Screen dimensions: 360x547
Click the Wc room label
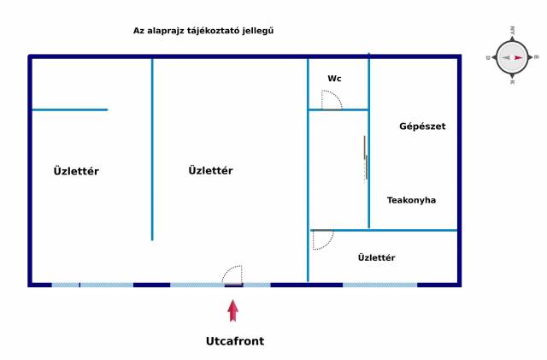click(x=334, y=79)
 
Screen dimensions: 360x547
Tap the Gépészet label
click(x=422, y=127)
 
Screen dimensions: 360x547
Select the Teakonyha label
click(x=411, y=200)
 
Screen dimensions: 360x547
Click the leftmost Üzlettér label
click(x=76, y=171)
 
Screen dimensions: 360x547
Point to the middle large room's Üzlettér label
click(x=210, y=170)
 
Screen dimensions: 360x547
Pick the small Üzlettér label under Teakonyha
click(x=376, y=257)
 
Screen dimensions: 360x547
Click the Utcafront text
click(x=235, y=341)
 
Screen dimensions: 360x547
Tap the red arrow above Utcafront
click(x=233, y=310)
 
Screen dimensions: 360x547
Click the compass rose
click(x=512, y=57)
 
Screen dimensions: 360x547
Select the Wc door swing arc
click(x=332, y=100)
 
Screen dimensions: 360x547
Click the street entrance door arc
click(x=232, y=274)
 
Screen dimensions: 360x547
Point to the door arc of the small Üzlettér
click(x=322, y=240)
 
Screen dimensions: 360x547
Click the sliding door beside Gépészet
click(x=366, y=157)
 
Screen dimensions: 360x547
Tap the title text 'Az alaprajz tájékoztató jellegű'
click(x=203, y=30)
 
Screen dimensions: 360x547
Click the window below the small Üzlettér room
click(x=379, y=285)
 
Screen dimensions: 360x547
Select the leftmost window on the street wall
click(x=65, y=285)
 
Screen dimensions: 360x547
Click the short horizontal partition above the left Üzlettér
click(x=69, y=109)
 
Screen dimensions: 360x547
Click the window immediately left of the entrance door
click(x=197, y=285)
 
